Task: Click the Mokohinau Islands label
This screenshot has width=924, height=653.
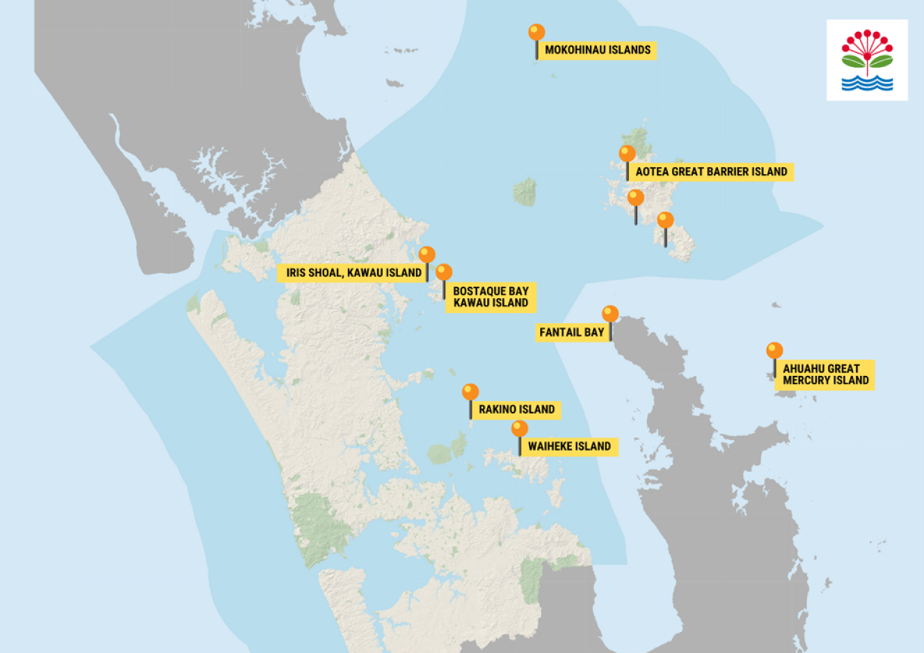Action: tap(597, 50)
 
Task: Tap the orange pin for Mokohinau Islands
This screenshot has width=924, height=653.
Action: tap(537, 33)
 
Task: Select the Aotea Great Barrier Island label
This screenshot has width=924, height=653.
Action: tap(711, 172)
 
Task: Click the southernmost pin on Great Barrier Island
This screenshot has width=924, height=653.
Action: tap(665, 221)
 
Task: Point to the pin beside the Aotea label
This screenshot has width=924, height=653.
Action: tap(627, 154)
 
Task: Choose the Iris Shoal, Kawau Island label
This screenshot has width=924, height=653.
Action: tap(353, 272)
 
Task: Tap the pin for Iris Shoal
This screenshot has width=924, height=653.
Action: tap(427, 255)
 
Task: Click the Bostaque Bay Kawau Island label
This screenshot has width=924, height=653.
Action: tap(491, 297)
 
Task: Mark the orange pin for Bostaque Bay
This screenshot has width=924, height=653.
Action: tap(444, 273)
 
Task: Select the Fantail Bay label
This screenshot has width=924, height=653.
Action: tap(571, 332)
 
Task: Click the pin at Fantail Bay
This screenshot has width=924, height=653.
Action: tap(610, 314)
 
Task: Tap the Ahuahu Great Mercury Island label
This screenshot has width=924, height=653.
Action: tap(825, 375)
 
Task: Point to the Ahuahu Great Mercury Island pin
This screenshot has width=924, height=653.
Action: tap(775, 351)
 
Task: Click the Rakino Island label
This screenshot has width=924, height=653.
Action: tap(516, 409)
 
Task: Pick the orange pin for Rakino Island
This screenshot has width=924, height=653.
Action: tap(470, 392)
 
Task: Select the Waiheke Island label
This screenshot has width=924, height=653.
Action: tap(569, 446)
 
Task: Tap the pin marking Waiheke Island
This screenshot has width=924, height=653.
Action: tap(520, 429)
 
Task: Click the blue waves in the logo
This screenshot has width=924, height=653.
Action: tap(867, 83)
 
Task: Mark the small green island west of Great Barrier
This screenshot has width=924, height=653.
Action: tap(525, 192)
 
